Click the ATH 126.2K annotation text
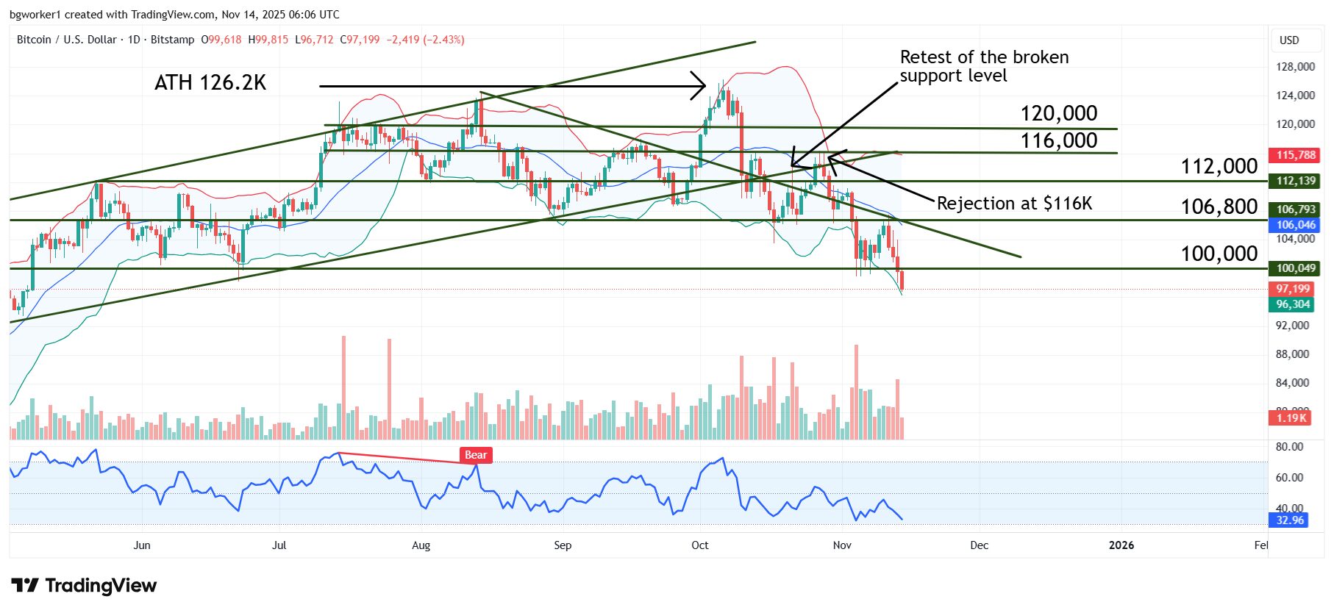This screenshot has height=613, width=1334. (210, 83)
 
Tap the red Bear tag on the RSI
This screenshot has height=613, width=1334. (476, 455)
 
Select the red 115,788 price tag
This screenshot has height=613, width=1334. (1296, 155)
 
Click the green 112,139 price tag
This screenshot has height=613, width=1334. (1296, 181)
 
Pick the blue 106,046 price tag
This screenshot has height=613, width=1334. (1296, 225)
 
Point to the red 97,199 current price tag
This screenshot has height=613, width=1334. (1293, 289)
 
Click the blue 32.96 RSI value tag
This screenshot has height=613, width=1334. (1289, 520)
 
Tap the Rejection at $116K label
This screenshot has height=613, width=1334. (1014, 204)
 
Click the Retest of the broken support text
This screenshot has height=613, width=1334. (984, 66)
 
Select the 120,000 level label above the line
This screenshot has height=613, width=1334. (1058, 113)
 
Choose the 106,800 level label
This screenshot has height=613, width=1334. (1219, 207)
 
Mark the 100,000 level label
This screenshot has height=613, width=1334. (1219, 254)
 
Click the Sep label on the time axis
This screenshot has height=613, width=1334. (563, 545)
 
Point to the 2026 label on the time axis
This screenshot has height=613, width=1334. (1121, 545)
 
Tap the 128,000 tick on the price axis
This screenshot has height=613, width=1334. (1295, 67)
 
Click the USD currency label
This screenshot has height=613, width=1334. (1289, 40)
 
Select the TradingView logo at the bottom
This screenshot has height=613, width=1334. (85, 586)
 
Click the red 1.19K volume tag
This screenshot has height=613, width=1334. (1291, 418)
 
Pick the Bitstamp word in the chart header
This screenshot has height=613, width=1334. (172, 40)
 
